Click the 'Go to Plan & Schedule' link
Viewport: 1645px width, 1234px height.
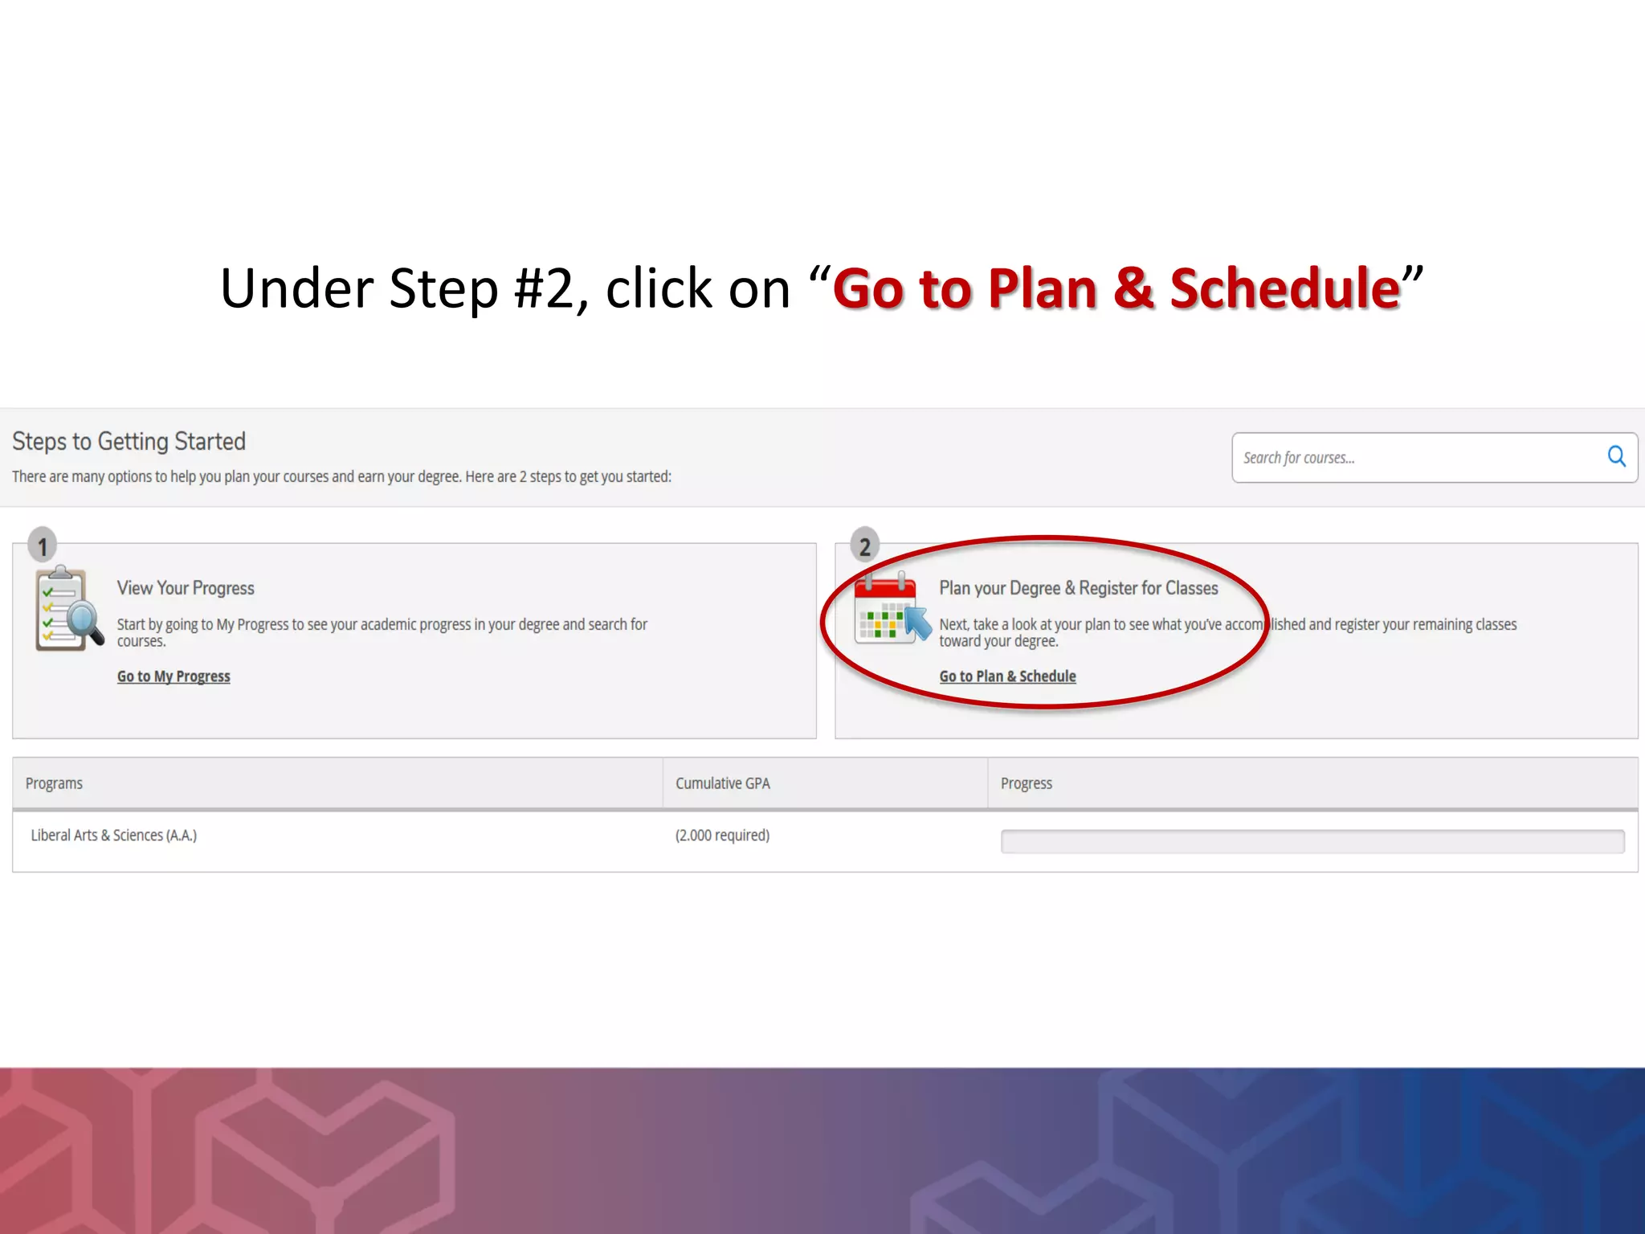[x=1007, y=676]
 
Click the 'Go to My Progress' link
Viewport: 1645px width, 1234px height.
[x=173, y=676]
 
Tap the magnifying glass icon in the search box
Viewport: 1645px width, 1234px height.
[x=1616, y=457]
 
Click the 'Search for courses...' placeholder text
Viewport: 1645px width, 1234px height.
[x=1299, y=458]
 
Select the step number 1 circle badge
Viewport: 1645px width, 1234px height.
[x=43, y=546]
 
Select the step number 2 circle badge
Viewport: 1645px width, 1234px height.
[x=864, y=546]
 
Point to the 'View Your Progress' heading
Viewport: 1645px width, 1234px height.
[x=186, y=588]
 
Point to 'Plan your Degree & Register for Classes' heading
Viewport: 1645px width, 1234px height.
[x=1078, y=588]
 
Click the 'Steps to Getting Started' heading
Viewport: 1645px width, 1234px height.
[x=129, y=442]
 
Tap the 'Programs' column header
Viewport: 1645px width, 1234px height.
[x=54, y=783]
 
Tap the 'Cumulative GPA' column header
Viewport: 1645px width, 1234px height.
[x=722, y=783]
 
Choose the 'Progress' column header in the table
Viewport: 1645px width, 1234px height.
[x=1026, y=783]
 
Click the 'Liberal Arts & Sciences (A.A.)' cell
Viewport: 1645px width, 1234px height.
[x=113, y=836]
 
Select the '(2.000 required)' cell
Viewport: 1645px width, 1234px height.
[x=722, y=836]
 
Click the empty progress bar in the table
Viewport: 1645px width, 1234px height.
[x=1312, y=841]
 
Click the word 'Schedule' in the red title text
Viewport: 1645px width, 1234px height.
[x=1284, y=288]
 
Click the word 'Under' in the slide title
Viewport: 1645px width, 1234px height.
[x=296, y=288]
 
